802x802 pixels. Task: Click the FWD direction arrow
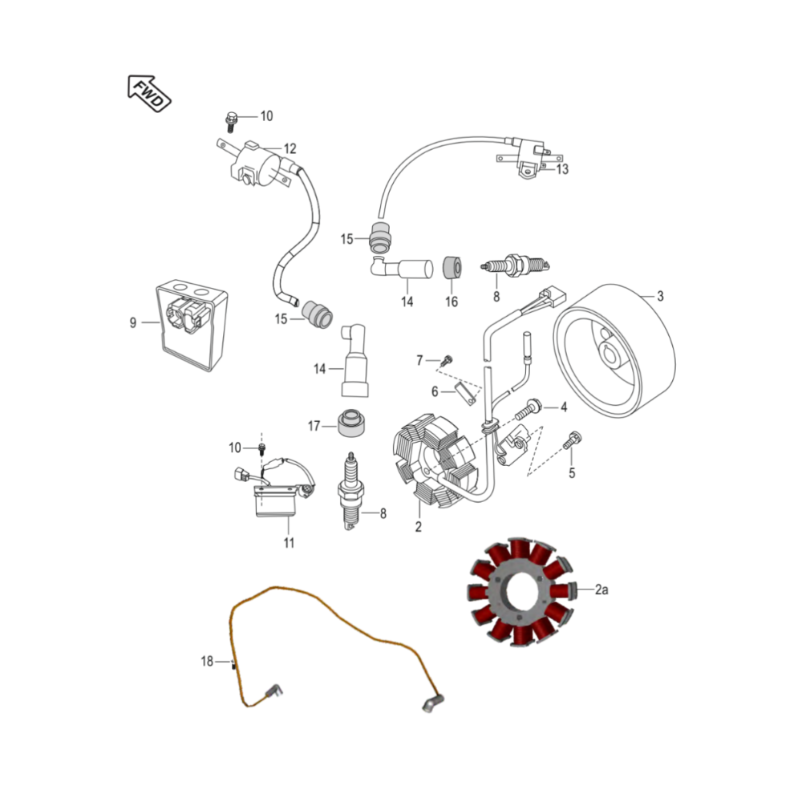point(148,94)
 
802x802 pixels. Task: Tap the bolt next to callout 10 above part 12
point(230,122)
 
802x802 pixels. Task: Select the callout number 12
point(290,149)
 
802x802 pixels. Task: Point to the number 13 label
point(562,169)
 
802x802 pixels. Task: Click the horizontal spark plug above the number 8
point(515,265)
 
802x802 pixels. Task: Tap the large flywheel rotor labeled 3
point(614,350)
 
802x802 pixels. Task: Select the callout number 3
point(660,296)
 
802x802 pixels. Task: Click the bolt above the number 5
point(573,441)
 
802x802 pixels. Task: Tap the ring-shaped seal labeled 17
point(351,422)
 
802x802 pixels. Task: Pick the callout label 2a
point(601,589)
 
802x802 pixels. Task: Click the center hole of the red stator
point(520,593)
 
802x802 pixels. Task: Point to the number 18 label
point(207,662)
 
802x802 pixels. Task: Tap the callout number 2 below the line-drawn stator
point(419,527)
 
